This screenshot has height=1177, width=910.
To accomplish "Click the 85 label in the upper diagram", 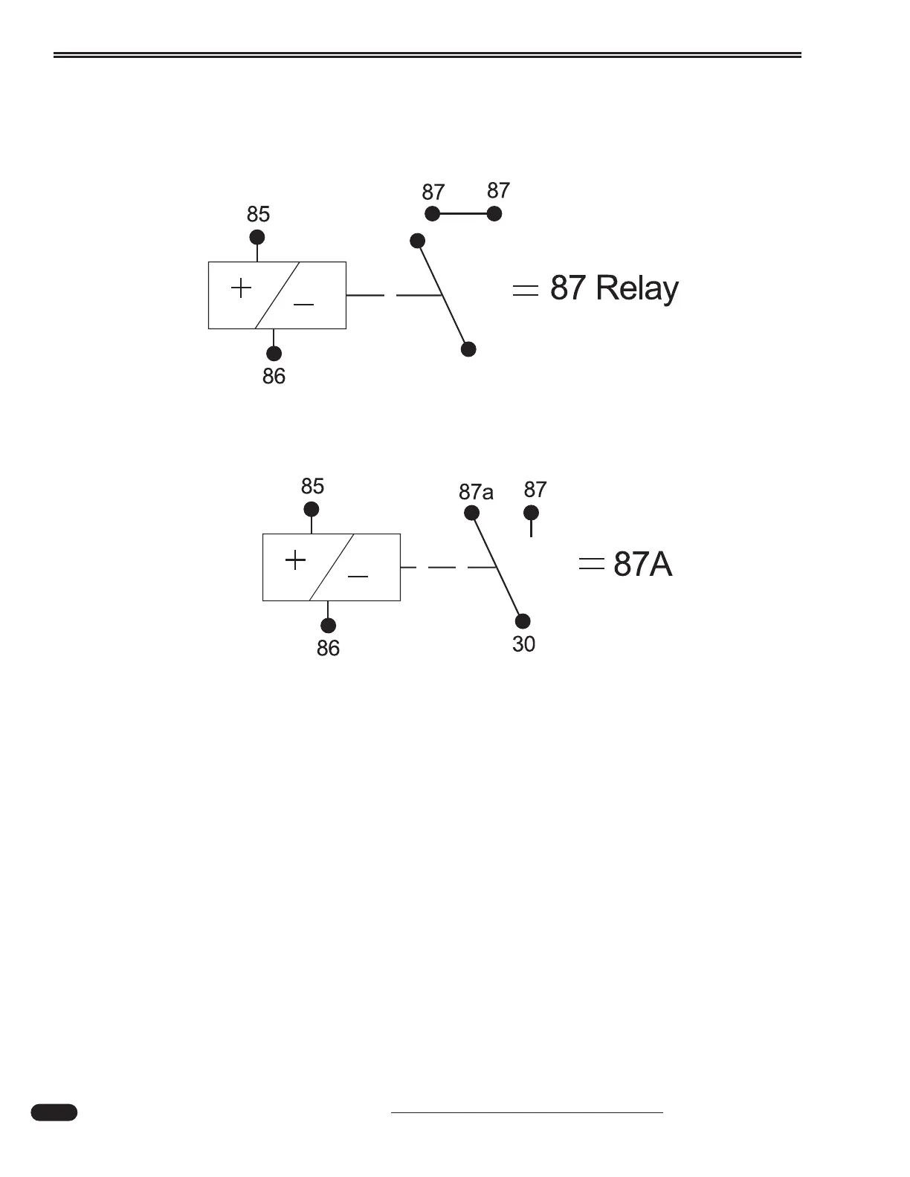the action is (258, 215).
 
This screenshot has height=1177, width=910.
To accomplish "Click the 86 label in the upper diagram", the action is (274, 377).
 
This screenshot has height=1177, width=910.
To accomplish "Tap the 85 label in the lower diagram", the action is (312, 487).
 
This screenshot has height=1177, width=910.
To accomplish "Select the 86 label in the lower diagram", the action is (328, 649).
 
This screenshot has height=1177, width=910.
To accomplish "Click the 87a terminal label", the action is (476, 492).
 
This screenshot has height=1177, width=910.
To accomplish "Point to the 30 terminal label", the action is (523, 644).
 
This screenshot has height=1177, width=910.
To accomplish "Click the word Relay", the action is (637, 288).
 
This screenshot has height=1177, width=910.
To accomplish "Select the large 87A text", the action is (643, 565).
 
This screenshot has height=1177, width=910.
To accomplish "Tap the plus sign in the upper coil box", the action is (241, 288).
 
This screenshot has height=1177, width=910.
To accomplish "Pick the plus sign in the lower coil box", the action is (295, 560).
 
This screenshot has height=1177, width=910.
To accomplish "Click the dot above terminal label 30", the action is (523, 621).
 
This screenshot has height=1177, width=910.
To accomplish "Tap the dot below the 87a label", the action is (471, 512).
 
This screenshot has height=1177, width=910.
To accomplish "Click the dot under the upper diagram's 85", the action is (257, 237).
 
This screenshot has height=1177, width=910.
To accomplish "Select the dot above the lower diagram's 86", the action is (328, 626).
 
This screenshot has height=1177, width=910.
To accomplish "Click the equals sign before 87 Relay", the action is (526, 291).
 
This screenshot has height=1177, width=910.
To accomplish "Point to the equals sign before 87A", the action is (591, 564).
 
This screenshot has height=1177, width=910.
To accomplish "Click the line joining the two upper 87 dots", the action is (463, 214).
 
